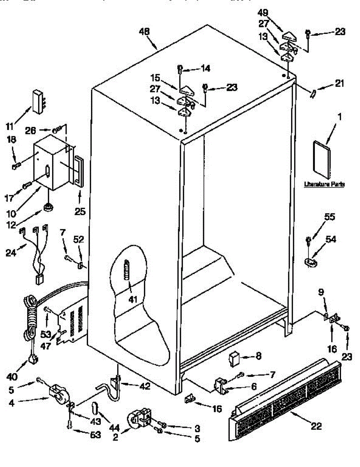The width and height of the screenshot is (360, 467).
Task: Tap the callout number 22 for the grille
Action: pyautogui.click(x=316, y=427)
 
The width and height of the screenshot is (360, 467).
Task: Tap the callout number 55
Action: pyautogui.click(x=330, y=217)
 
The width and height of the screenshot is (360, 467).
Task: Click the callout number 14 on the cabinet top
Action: pyautogui.click(x=205, y=68)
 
